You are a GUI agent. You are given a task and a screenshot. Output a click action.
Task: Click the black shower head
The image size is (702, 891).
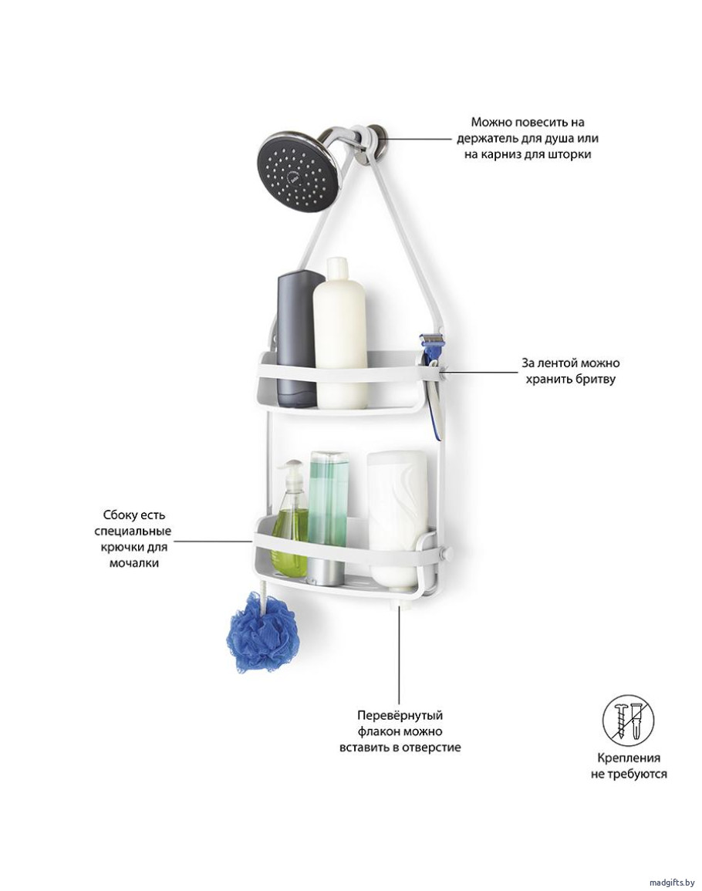(299, 170)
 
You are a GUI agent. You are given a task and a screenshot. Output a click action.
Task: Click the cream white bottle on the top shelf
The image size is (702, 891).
(340, 333)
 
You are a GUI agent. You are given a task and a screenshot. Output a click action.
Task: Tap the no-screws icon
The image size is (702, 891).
(628, 720)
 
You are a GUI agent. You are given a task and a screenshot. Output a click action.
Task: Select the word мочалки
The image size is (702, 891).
(134, 563)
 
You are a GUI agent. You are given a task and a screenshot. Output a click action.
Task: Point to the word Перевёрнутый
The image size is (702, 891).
(400, 715)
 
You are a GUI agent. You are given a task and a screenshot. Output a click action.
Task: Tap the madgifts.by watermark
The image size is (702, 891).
(671, 883)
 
